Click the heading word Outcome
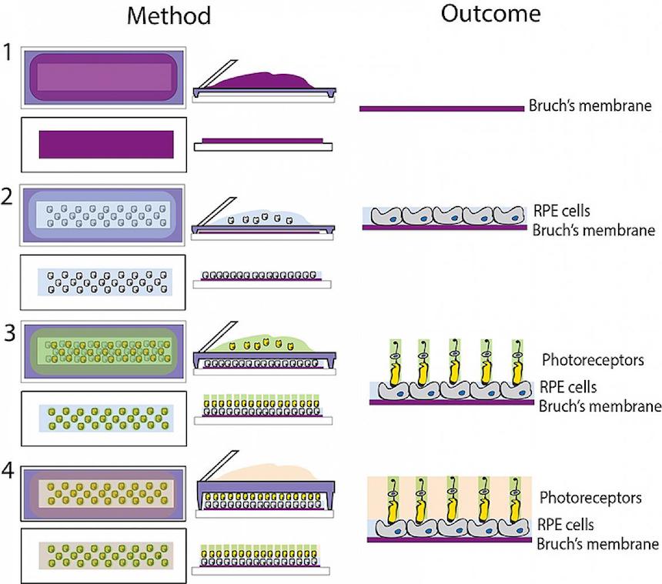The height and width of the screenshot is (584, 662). pos(490,14)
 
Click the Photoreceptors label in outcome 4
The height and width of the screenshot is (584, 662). pos(590,498)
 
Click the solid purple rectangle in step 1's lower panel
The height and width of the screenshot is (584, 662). pos(106,145)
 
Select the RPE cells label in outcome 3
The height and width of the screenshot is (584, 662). pos(568,387)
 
